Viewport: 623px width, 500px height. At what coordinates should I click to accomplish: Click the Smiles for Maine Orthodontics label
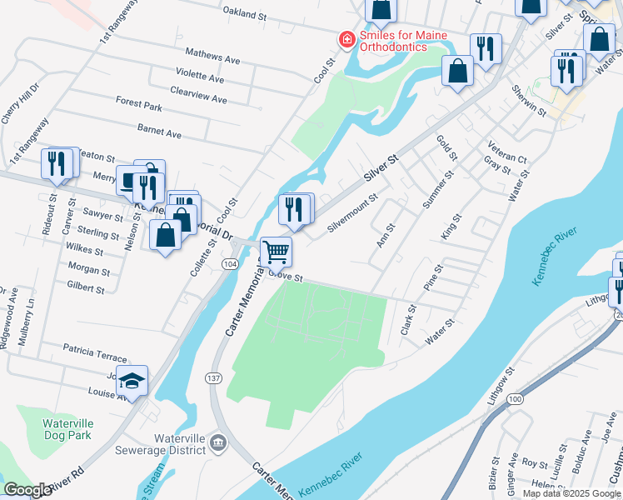[x=403, y=41]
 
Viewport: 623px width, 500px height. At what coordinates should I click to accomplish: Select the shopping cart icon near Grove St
[x=276, y=251]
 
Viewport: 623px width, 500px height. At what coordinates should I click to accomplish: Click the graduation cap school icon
[x=132, y=381]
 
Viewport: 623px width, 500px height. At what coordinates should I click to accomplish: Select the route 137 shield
[x=211, y=378]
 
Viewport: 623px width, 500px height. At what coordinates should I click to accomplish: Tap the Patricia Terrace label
[x=95, y=346]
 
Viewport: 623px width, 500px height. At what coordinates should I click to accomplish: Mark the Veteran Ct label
[x=508, y=152]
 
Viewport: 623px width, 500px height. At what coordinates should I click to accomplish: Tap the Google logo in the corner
[x=27, y=490]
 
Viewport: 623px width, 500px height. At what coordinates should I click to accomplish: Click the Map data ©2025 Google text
[x=572, y=493]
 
